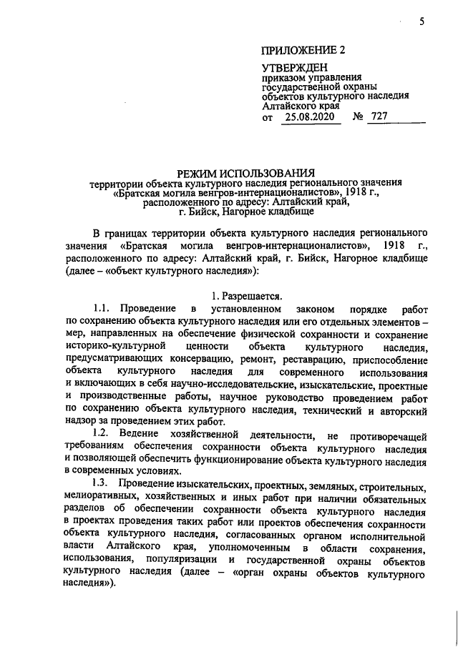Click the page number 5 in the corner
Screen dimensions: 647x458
[x=422, y=22]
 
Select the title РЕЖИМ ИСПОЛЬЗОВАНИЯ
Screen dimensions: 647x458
[x=246, y=172]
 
